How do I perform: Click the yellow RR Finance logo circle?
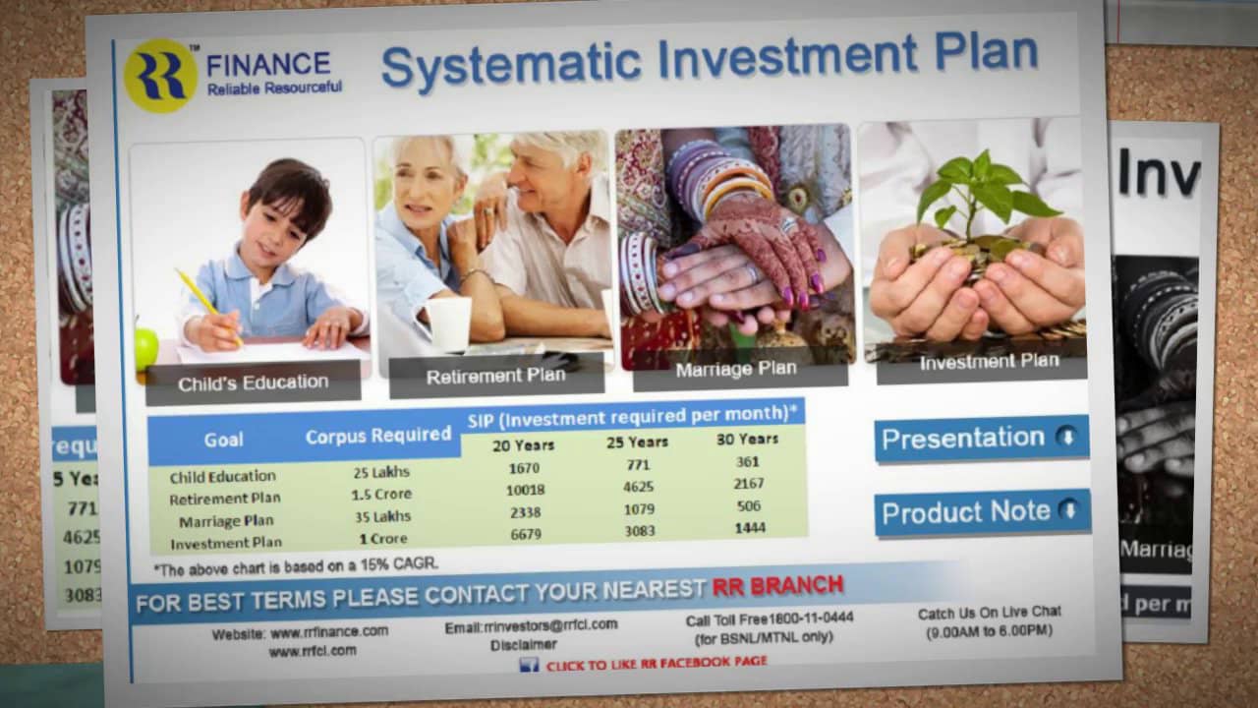[160, 76]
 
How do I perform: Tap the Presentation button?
[981, 439]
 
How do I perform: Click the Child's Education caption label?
[253, 383]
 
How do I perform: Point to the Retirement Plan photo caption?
[496, 376]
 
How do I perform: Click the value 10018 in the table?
[525, 490]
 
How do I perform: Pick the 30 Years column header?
[747, 439]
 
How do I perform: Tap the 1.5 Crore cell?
[381, 495]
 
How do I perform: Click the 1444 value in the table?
[750, 528]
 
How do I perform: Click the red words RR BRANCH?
[777, 587]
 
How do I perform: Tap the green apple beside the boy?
[146, 347]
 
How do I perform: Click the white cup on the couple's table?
[448, 324]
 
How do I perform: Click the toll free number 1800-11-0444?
[812, 619]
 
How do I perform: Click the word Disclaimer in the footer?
[524, 645]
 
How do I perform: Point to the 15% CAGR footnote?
[296, 565]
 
